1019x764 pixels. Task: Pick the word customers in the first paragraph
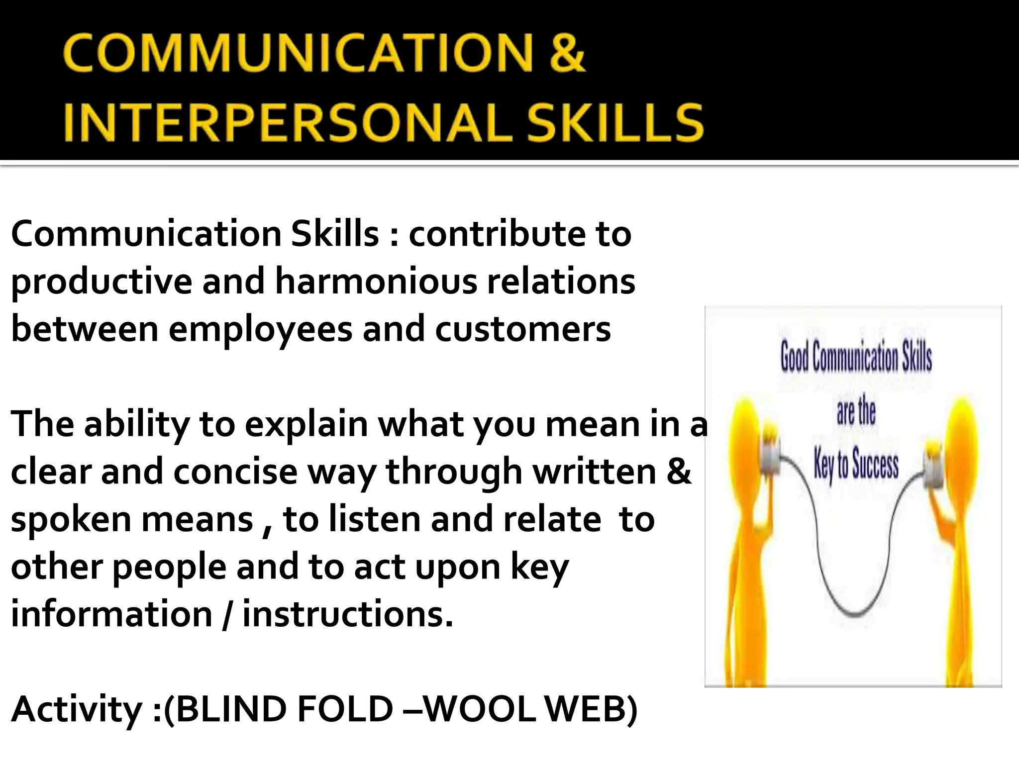[x=522, y=329]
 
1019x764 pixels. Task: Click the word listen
[x=374, y=519]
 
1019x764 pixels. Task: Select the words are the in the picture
[x=856, y=412]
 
